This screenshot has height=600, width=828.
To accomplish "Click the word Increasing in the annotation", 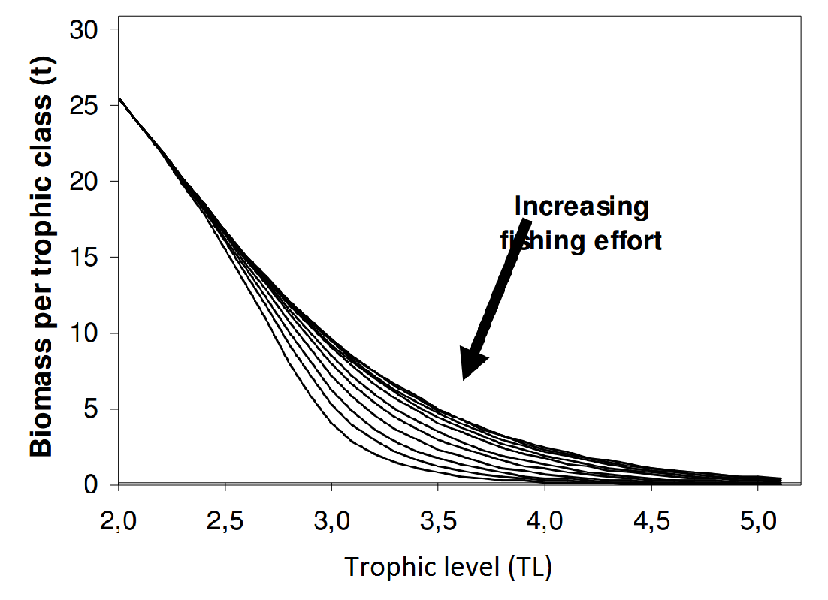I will (x=581, y=207).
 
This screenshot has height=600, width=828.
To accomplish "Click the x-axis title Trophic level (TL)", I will (x=448, y=567).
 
